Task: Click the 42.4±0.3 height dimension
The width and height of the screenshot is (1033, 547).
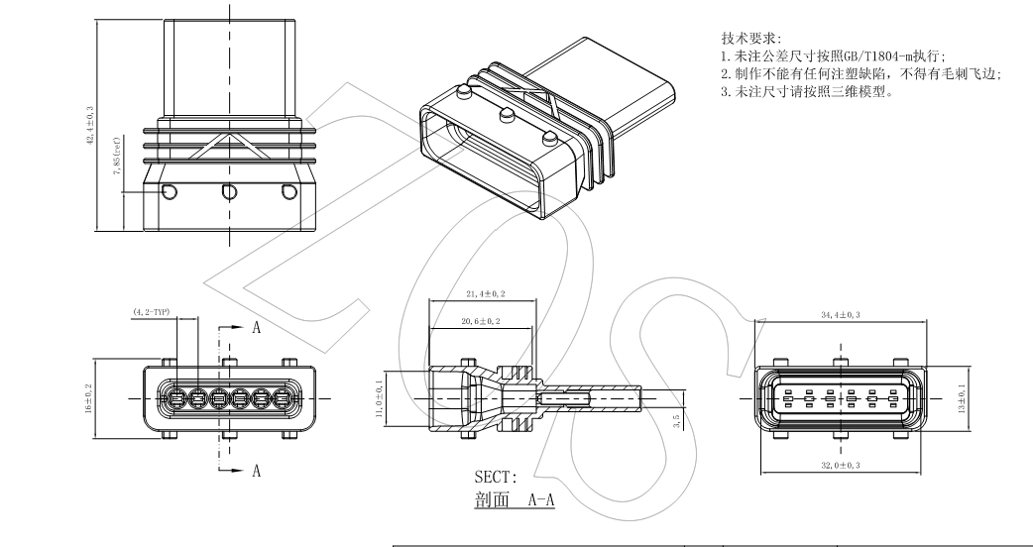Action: click(x=91, y=125)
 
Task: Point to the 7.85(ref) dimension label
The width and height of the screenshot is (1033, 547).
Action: click(x=116, y=155)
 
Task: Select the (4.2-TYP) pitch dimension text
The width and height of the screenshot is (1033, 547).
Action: click(x=152, y=312)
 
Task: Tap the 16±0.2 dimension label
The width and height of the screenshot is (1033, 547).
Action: click(x=89, y=398)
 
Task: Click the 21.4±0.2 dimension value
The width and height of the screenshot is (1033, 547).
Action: click(x=483, y=294)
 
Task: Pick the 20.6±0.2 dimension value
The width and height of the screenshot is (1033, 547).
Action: click(x=482, y=322)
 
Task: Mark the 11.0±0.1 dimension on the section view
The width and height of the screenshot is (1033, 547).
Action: click(x=378, y=397)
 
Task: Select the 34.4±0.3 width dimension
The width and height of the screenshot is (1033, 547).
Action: click(x=842, y=314)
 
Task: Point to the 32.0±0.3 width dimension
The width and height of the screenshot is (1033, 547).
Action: click(x=842, y=464)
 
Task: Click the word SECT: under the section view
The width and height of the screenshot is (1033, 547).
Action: click(x=496, y=478)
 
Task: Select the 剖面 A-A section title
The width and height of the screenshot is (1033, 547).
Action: click(x=515, y=500)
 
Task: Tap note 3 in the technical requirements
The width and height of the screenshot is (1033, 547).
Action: click(x=807, y=92)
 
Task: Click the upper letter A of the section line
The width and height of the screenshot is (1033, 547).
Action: click(x=256, y=328)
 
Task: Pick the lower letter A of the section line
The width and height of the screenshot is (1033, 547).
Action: click(x=256, y=471)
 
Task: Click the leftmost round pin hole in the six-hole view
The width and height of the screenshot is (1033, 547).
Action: click(x=174, y=400)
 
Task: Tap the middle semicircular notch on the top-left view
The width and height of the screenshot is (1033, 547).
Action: click(x=229, y=190)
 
